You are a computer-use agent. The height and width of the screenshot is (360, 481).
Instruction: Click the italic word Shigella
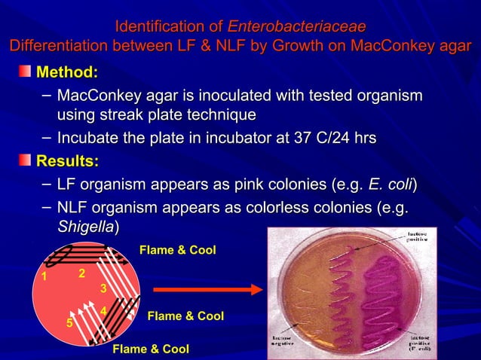tap(87, 226)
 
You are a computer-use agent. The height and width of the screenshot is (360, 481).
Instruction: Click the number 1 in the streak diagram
tap(44, 276)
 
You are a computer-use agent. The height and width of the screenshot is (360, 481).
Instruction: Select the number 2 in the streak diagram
tap(81, 272)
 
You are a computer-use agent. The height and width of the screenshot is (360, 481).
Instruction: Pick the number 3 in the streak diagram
tap(103, 288)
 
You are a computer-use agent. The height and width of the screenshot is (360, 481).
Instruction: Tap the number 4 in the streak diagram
tap(103, 310)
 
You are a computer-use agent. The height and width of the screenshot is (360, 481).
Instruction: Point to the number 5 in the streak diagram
tap(69, 323)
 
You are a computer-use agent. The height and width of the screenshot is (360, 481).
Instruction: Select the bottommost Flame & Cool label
tap(151, 349)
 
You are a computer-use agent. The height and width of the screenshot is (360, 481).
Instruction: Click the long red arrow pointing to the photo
tap(207, 289)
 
